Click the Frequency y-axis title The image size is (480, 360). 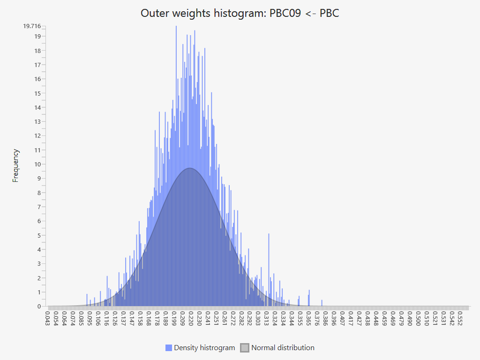[16, 165]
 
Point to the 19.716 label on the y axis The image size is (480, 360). [32, 26]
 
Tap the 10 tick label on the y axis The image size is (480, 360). [37, 164]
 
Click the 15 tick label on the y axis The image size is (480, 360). [37, 93]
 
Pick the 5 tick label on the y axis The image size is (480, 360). [39, 235]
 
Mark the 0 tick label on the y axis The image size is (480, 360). [39, 306]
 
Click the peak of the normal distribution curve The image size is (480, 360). [190, 168]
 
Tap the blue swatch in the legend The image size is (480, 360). [169, 348]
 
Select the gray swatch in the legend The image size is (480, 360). [245, 348]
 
